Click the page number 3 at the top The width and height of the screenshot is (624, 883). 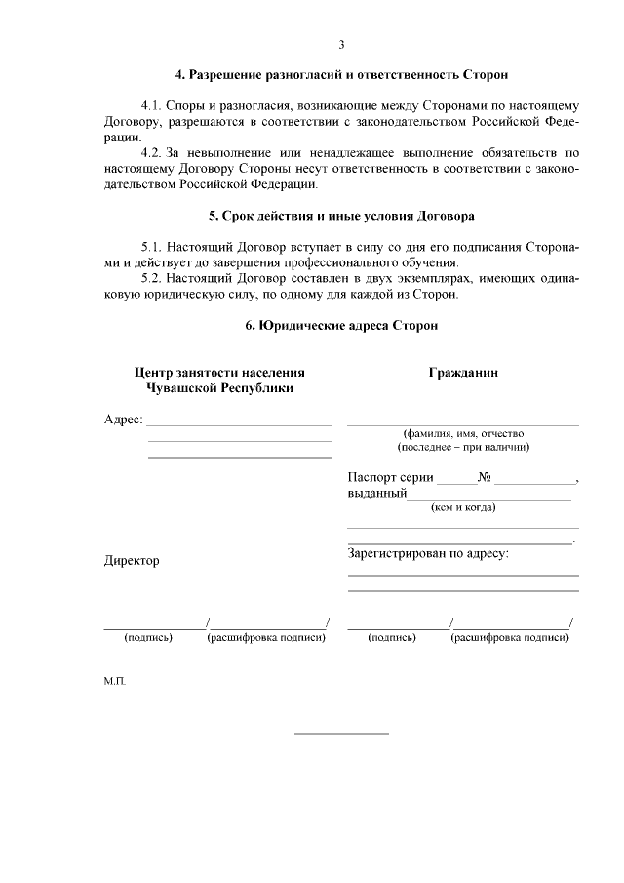[x=341, y=44]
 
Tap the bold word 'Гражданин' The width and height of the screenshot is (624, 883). [x=463, y=373]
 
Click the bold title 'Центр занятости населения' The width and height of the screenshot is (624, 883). [x=219, y=373]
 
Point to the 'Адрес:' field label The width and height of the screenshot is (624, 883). [x=123, y=420]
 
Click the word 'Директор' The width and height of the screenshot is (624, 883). [x=132, y=561]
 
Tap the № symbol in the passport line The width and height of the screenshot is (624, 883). [x=485, y=478]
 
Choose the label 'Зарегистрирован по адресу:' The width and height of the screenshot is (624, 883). [x=428, y=553]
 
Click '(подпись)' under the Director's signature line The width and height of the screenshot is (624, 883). [x=148, y=638]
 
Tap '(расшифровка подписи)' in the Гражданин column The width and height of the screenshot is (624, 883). [x=510, y=638]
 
